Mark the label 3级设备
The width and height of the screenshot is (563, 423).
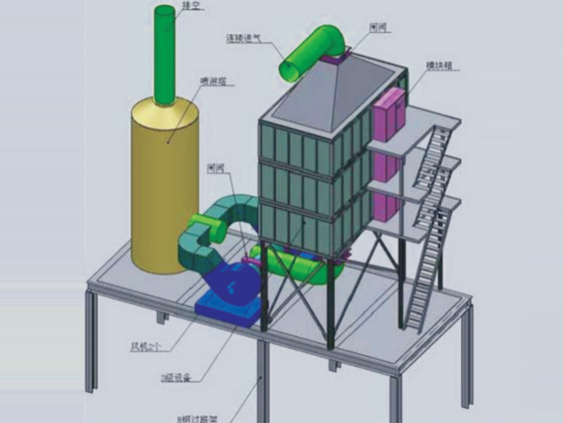tap(175, 378)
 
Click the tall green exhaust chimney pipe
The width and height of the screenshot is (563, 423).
tap(164, 53)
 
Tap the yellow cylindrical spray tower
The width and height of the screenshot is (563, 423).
tap(164, 186)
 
